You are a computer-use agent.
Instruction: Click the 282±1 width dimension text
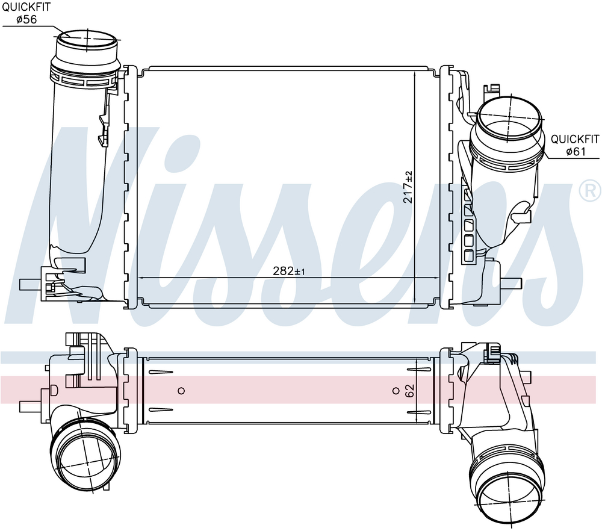point(289,271)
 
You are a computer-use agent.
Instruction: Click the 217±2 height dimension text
point(408,187)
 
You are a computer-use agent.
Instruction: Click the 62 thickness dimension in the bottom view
point(409,391)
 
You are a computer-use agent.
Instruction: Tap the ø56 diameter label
point(26,19)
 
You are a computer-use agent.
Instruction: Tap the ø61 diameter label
point(576,151)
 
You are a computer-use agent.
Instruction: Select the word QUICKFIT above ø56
point(26,7)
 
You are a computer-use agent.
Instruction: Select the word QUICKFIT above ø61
point(575,139)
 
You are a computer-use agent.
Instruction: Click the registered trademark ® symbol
point(590,190)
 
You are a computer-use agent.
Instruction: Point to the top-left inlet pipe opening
point(87,39)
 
